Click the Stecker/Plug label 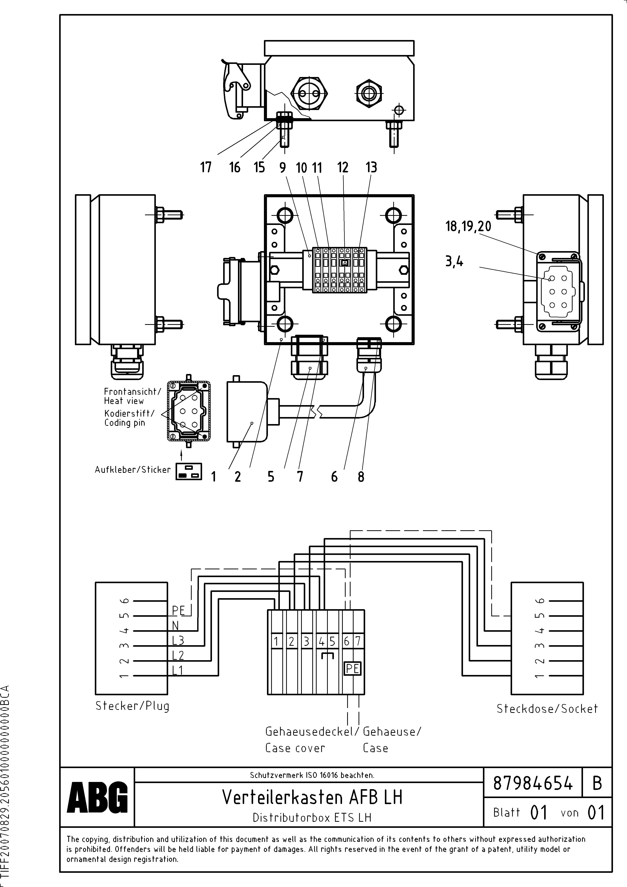[132, 706]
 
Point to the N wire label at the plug [175, 625]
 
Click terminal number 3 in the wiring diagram [306, 641]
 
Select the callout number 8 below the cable [361, 477]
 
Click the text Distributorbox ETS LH [312, 817]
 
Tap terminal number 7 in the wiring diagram [358, 641]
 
